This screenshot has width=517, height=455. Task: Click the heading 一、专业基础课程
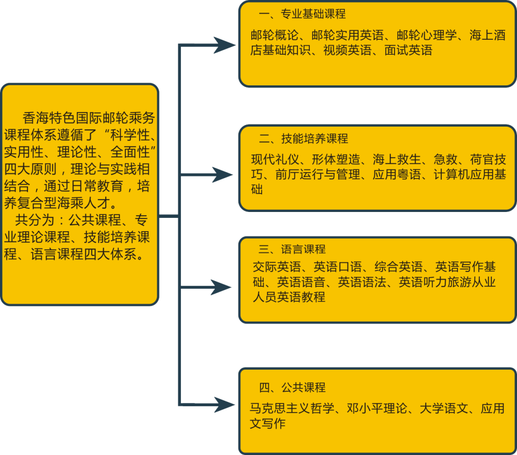point(302,14)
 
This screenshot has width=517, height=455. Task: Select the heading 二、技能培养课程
point(303,138)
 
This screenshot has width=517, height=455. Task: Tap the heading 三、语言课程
point(292,249)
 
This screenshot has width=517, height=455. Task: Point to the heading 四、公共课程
point(292,387)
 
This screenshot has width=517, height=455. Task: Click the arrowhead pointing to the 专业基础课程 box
point(225,45)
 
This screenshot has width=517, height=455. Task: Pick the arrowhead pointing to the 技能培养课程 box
point(223,174)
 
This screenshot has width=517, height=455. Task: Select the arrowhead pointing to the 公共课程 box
point(224,405)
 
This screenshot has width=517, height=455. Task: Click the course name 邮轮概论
point(275,35)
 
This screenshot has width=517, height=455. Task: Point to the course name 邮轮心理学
point(427,35)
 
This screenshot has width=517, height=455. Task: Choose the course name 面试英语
point(408,50)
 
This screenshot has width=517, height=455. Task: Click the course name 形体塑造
point(336,159)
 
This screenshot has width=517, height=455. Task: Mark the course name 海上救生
point(397,159)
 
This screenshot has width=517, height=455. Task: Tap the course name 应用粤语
point(397,174)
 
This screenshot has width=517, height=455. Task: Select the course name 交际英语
point(277,267)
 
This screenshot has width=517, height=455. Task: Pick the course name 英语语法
point(362,282)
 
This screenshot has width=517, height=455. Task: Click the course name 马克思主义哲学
point(292,408)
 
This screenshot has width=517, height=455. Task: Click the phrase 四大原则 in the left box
point(31,169)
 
